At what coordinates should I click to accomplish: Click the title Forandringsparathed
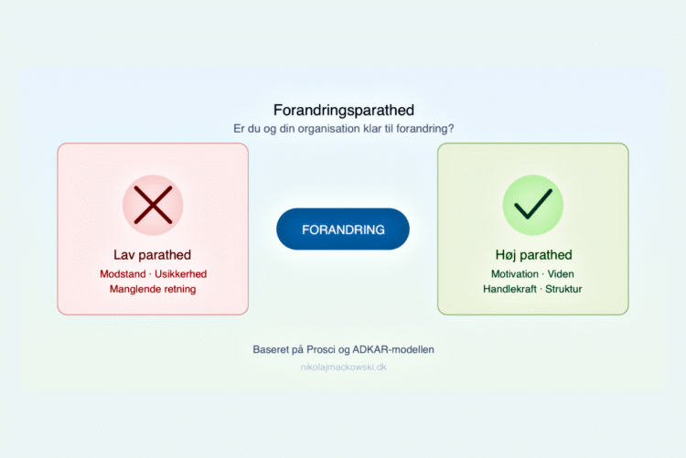click(x=343, y=110)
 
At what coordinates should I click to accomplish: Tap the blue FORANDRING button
click(x=343, y=229)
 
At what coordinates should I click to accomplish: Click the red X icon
click(x=153, y=205)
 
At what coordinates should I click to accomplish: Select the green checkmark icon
click(x=532, y=205)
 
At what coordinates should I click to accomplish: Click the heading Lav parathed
click(x=153, y=255)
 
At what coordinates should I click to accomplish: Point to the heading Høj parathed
click(x=532, y=255)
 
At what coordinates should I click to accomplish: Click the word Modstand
click(x=123, y=273)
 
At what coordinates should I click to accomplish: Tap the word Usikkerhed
click(x=181, y=273)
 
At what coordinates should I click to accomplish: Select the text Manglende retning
click(x=153, y=289)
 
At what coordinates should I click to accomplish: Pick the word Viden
click(x=562, y=273)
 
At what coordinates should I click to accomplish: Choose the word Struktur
click(x=563, y=289)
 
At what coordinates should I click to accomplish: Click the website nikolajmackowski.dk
click(x=343, y=367)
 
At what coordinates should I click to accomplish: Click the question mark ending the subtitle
click(x=452, y=129)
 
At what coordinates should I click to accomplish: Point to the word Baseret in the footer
click(x=273, y=350)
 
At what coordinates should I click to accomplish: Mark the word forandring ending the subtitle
click(x=422, y=129)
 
